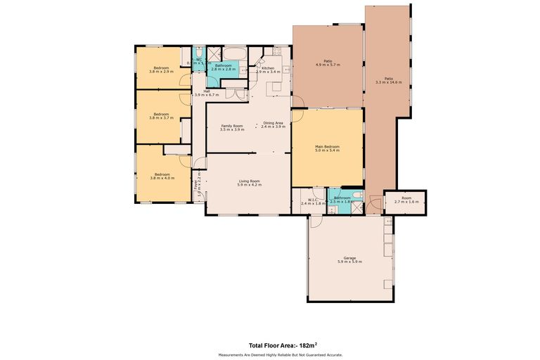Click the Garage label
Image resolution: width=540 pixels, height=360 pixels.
point(349,257)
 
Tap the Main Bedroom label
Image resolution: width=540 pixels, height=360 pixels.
point(328,146)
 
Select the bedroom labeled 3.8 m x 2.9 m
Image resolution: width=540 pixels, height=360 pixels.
point(161,69)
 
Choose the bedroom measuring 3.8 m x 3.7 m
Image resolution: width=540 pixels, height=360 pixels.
point(161,115)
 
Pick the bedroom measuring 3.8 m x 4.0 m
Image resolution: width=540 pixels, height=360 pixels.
point(162,175)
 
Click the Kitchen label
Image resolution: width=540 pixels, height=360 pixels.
point(268,69)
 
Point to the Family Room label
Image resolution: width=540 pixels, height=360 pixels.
point(231,126)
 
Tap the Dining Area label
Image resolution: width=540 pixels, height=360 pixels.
point(272,124)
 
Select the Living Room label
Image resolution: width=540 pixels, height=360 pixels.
point(249,182)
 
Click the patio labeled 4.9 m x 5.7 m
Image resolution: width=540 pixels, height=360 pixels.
point(328,63)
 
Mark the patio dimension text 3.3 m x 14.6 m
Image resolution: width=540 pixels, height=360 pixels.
point(388,82)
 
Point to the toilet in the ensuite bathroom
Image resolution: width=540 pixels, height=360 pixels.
point(358,194)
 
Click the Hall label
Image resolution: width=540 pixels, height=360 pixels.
point(207,91)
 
